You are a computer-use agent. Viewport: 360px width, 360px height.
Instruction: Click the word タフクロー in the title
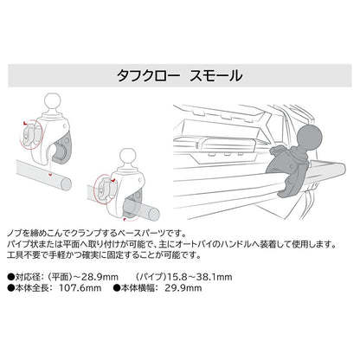point(148,75)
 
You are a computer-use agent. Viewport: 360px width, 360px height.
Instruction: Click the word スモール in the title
point(216,75)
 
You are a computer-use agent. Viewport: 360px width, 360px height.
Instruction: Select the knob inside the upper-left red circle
point(30,135)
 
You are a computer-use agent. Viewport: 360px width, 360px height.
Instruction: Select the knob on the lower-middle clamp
point(104,190)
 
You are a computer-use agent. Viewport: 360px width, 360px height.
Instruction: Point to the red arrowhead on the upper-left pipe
point(50,175)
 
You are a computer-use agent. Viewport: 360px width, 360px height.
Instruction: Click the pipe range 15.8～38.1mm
point(200,277)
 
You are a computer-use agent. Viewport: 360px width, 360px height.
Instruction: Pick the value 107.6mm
point(80,288)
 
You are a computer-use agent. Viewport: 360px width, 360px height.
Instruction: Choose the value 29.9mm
point(183,288)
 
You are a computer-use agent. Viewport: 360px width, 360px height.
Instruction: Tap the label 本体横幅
point(138,288)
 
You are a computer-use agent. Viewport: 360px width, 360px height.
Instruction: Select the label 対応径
point(27,277)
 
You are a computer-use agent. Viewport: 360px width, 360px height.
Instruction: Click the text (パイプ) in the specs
point(151,277)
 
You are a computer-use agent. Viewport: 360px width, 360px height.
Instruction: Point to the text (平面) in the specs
point(60,277)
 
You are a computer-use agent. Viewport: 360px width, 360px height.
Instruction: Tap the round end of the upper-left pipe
point(67,183)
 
